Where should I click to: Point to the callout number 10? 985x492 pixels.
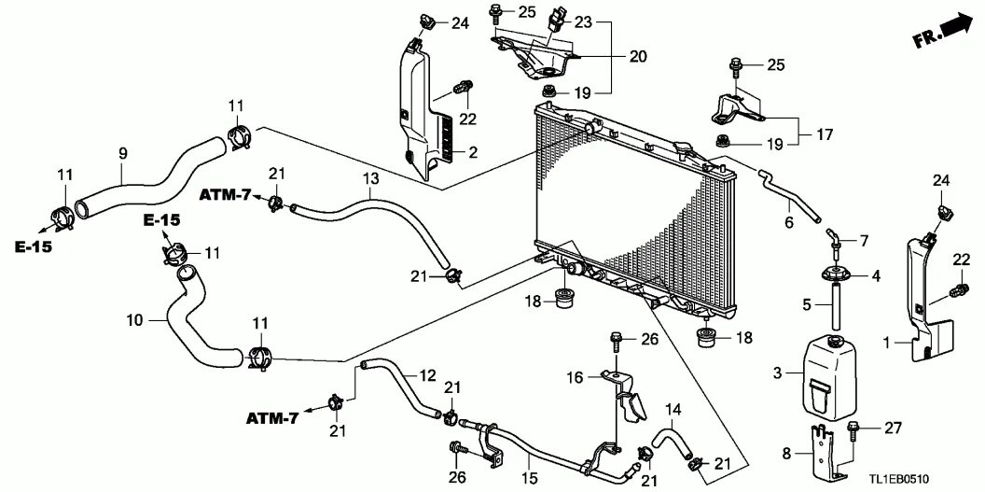[x=135, y=319]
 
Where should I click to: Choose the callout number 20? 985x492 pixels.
[x=637, y=57]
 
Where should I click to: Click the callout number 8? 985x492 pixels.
[x=785, y=454]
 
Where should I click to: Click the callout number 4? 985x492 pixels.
[x=875, y=275]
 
